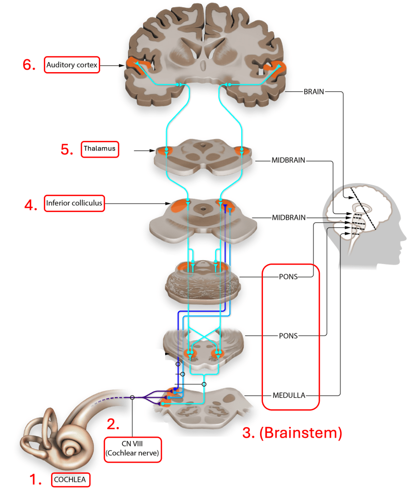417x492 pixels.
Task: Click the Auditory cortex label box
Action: click(72, 64)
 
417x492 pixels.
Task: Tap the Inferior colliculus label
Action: click(74, 203)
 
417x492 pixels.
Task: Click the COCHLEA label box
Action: click(72, 479)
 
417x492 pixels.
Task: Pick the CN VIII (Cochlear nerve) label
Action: click(133, 449)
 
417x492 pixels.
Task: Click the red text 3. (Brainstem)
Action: click(292, 433)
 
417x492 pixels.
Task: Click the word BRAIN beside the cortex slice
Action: click(313, 91)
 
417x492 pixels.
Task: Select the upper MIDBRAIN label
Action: click(288, 160)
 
